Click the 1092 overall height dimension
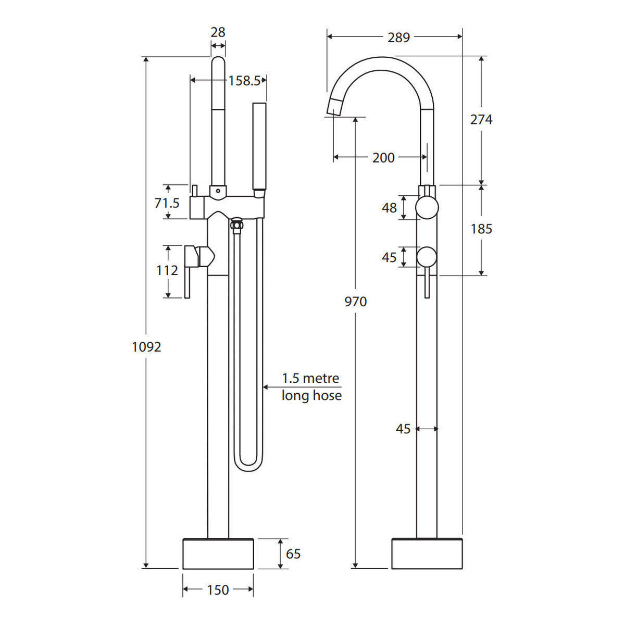pos(146,347)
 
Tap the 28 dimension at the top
pos(218,32)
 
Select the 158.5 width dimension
pos(244,81)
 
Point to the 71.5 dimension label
pos(167,203)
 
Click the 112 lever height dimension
pos(167,270)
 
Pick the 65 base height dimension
pos(293,554)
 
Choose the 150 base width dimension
pos(218,590)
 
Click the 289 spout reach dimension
pos(398,37)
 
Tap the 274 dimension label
pos(481,120)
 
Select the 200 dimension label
pos(383,158)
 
